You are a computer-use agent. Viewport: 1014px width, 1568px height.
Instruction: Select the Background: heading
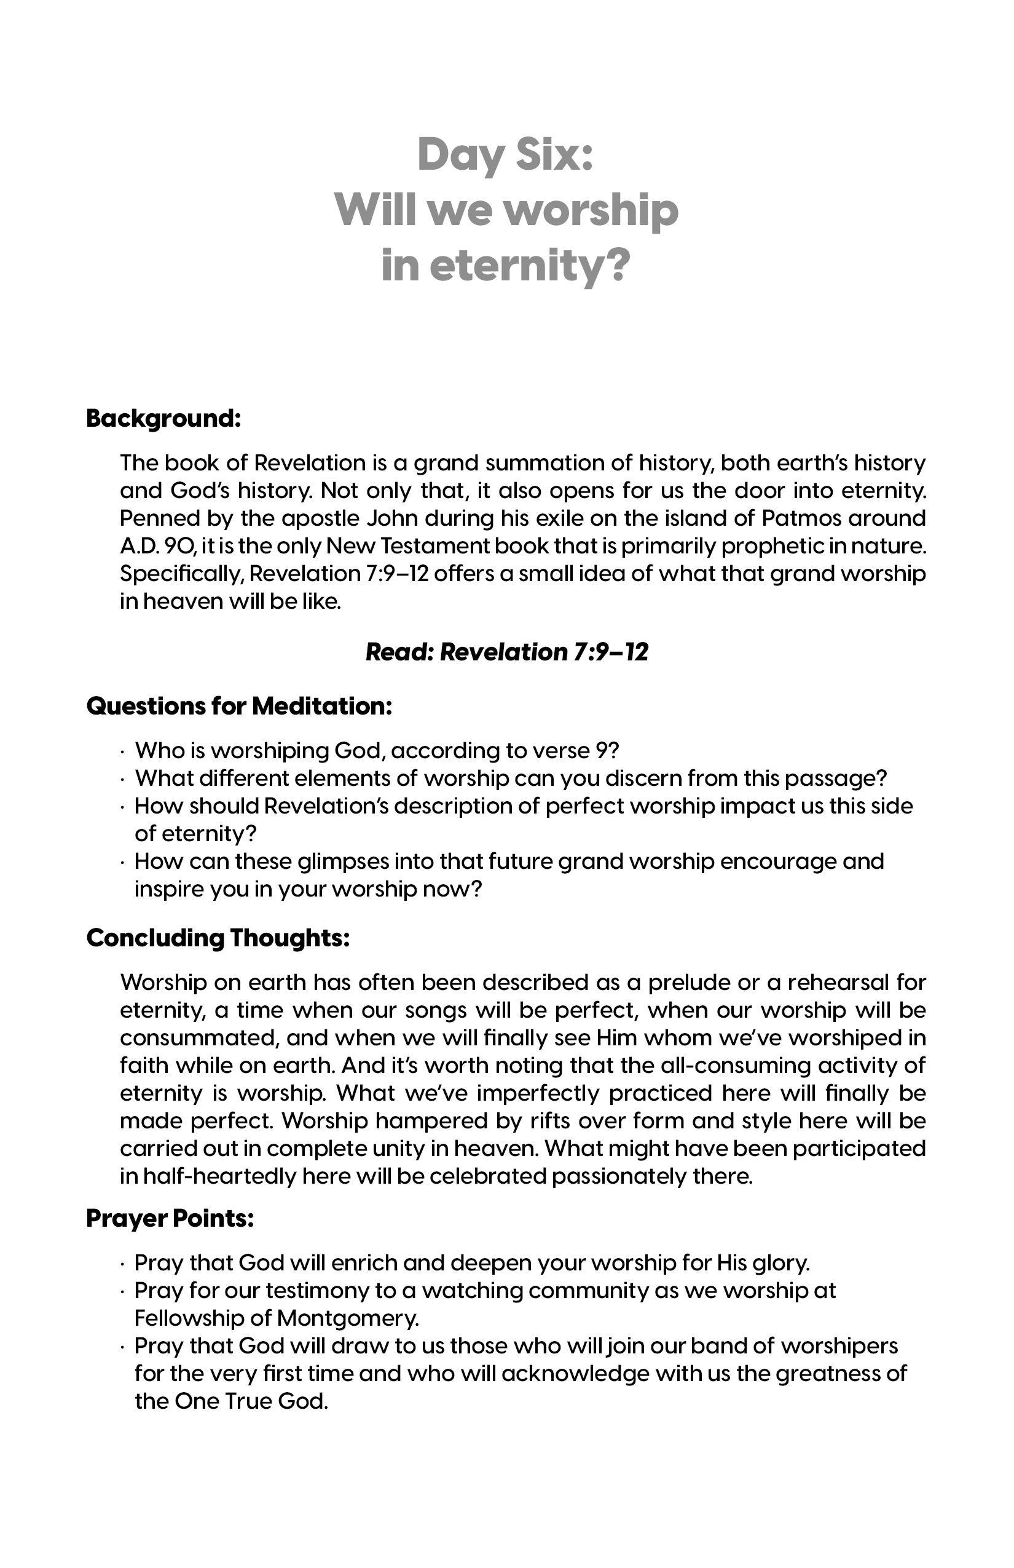tap(163, 418)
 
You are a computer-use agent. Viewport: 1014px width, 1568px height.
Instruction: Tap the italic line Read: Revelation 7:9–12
tap(506, 652)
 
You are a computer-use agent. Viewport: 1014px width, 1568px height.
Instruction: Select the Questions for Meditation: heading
tap(239, 706)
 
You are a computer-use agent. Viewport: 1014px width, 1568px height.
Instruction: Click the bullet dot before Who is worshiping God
tap(123, 751)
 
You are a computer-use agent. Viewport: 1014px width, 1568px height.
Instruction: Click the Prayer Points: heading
tap(169, 1218)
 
